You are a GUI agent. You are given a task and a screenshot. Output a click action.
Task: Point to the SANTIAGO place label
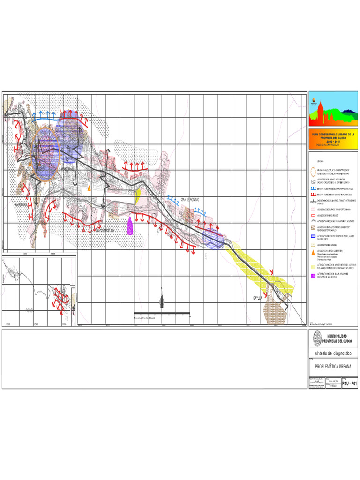click(22, 205)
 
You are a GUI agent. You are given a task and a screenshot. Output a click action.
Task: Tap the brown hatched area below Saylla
click(276, 312)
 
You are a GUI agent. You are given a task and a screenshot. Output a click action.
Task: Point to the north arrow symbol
click(162, 299)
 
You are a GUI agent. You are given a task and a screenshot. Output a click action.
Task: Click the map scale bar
click(162, 313)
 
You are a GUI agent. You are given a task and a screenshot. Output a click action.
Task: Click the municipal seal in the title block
click(318, 337)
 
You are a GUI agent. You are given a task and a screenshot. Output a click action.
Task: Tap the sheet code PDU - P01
click(350, 383)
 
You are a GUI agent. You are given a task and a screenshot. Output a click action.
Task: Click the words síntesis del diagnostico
click(333, 353)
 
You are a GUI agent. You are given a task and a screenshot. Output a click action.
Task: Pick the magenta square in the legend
click(314, 274)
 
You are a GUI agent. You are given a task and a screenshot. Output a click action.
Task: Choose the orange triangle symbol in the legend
click(314, 252)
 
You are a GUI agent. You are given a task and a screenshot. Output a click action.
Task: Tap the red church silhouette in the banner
click(321, 111)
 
